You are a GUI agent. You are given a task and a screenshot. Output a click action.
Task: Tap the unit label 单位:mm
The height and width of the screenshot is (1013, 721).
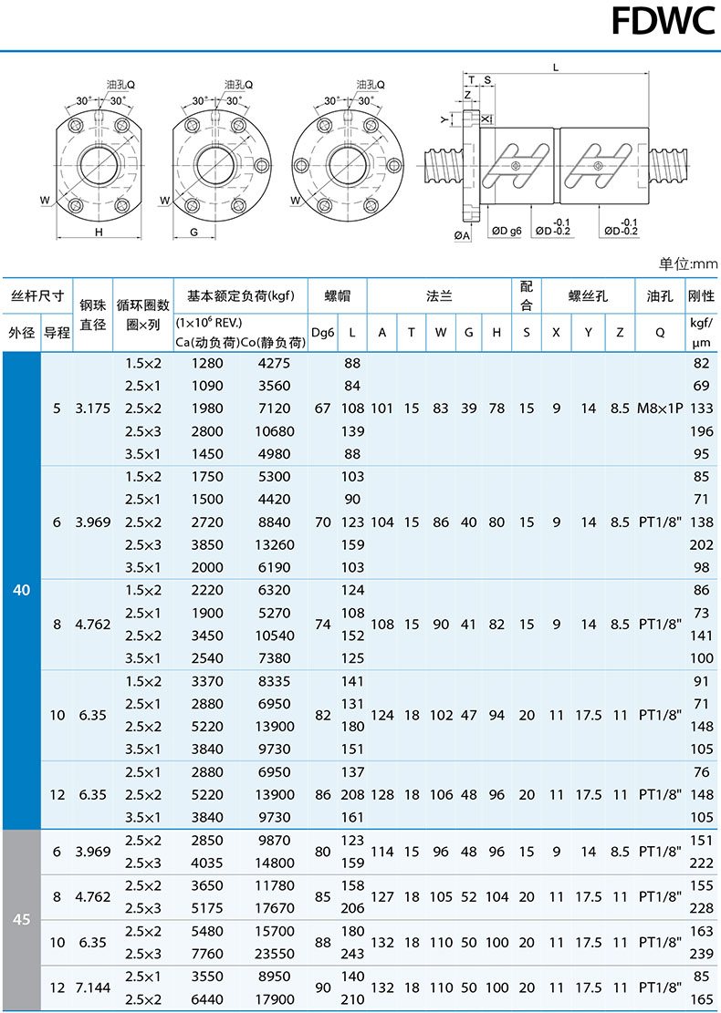tap(688, 264)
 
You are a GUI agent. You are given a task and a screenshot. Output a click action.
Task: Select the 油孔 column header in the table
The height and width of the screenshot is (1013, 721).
tap(660, 296)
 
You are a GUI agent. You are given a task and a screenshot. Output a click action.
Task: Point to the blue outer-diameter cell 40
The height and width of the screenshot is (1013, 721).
tap(21, 590)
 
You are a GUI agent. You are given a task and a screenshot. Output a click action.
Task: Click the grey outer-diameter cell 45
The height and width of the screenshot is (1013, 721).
tap(21, 919)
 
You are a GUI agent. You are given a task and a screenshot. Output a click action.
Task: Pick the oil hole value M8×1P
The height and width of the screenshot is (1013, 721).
tap(660, 408)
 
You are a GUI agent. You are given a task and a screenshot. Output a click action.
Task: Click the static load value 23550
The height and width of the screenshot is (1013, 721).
tap(274, 954)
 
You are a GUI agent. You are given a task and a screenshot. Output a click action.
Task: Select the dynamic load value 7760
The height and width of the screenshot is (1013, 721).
tap(207, 954)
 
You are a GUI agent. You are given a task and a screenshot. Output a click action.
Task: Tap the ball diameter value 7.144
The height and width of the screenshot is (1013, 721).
tap(92, 987)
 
